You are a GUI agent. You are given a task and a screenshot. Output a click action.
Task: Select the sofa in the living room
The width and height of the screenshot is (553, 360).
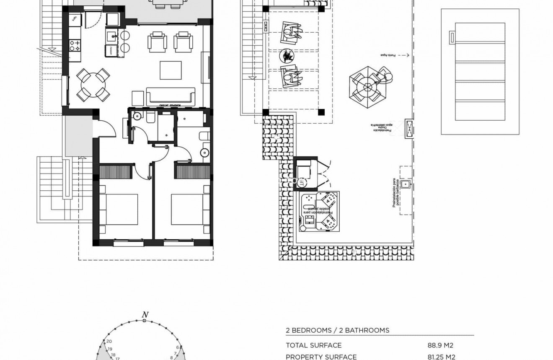point(171,96)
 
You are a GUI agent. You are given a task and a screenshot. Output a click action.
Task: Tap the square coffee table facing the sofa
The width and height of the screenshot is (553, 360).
point(171,70)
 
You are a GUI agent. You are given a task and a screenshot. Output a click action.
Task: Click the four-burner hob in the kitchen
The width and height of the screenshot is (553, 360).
point(75,45)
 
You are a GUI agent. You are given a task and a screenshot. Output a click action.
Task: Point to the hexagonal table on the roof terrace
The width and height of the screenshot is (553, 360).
point(367,87)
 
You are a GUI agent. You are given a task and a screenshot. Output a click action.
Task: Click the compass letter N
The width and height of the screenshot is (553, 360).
point(145,315)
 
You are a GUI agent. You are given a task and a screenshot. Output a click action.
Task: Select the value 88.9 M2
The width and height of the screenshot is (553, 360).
point(440,345)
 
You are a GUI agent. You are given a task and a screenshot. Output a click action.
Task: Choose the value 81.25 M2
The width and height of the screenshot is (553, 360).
point(441,357)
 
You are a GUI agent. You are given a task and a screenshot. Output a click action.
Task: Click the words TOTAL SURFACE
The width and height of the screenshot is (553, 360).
point(313,345)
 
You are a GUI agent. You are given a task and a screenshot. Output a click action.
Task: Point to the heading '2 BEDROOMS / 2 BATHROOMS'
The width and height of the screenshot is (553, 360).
point(337,330)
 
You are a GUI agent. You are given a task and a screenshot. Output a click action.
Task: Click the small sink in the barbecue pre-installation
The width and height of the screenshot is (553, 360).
point(406,184)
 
